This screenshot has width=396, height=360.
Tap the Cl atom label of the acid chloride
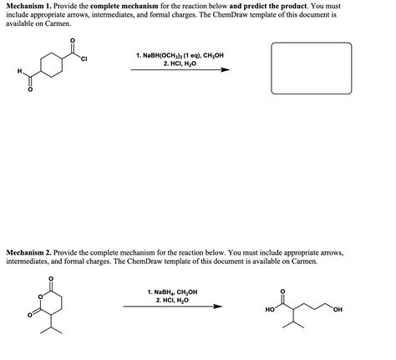point(84,58)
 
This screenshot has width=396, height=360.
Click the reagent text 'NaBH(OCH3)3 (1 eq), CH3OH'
point(180,56)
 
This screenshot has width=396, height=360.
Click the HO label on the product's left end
point(269,310)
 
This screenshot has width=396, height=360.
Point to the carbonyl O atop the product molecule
point(282,292)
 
